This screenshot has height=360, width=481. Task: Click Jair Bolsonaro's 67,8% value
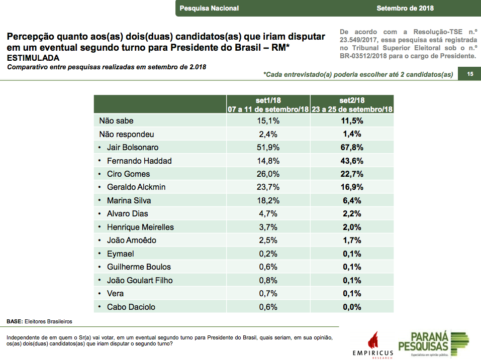tap(352, 148)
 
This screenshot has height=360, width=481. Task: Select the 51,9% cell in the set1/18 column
tap(268, 148)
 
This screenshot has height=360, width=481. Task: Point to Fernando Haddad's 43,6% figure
tap(352, 161)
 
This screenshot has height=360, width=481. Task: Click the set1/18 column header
tap(268, 104)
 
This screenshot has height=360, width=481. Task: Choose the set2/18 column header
tap(352, 104)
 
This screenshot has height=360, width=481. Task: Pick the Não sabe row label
tap(116, 121)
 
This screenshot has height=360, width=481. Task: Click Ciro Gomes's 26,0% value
tap(268, 174)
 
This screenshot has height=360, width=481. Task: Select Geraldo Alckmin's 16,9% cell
tap(352, 187)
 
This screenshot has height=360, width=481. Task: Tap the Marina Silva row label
tap(129, 200)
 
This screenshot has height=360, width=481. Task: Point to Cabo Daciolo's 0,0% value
tap(352, 307)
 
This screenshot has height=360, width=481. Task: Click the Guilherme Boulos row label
tap(139, 267)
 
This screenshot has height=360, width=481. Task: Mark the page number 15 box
tap(469, 74)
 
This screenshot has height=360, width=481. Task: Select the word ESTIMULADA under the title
tap(33, 58)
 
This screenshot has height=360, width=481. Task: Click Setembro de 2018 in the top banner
tap(405, 8)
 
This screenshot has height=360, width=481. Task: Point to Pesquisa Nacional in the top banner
tap(209, 8)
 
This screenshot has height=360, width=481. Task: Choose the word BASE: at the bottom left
tap(15, 321)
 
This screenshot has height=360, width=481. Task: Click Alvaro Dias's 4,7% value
tap(268, 214)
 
